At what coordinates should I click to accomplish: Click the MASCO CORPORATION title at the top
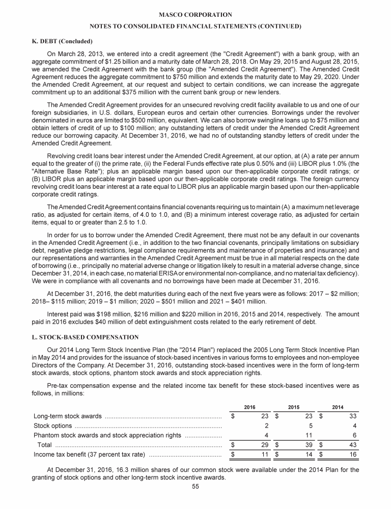pos(195,15)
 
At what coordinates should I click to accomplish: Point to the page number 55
pos(195,500)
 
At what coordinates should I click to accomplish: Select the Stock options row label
pos(52,426)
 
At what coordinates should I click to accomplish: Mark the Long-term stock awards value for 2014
pos(353,416)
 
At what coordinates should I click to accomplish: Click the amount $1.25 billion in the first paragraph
pos(147,61)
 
